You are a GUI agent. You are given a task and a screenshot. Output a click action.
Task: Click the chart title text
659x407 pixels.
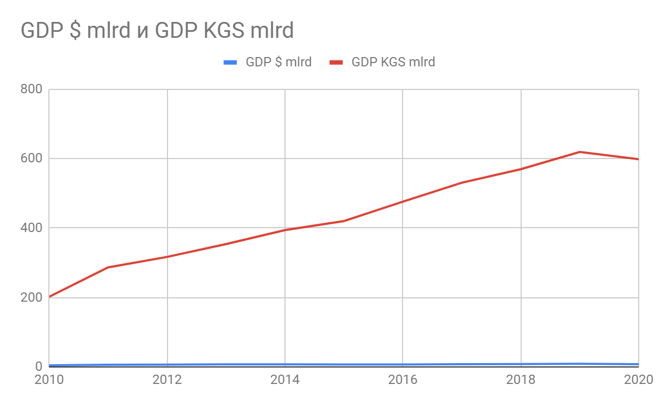coord(157,31)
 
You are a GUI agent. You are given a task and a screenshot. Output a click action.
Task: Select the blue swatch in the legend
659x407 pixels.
coord(230,62)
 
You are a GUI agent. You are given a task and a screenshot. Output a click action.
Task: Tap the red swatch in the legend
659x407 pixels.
coord(337,62)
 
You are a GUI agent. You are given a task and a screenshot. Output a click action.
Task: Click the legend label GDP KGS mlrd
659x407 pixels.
coord(393,62)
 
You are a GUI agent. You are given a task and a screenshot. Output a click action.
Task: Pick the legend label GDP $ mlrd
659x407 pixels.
coord(278,62)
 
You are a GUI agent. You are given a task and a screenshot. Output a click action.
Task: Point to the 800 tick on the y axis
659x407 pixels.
coord(32,89)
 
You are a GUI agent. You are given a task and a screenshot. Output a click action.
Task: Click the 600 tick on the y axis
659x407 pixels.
coord(32,159)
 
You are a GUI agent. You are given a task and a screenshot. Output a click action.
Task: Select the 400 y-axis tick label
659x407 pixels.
coord(32,228)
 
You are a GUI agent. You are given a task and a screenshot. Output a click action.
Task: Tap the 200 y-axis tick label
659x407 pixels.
coord(32,297)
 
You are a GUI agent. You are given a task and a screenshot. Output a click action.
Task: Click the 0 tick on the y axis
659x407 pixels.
coord(38,366)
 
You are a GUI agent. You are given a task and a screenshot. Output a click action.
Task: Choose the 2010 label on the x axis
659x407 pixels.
coord(49,380)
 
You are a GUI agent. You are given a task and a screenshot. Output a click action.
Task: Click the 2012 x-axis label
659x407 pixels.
coord(167,380)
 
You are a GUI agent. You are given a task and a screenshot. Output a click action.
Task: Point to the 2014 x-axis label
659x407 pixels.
coord(285,380)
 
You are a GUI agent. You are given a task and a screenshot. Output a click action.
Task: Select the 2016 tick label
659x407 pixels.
coord(403,380)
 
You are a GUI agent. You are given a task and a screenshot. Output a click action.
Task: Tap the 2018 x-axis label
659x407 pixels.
coord(521,380)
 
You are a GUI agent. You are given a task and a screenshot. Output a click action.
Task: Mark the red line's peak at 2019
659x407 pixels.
coord(579,152)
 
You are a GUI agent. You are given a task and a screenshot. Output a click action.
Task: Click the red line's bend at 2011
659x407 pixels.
coord(108,267)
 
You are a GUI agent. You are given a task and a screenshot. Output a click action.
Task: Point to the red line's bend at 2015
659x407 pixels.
coord(344,221)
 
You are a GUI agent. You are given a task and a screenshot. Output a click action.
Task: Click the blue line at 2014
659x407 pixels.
coord(285,364)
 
